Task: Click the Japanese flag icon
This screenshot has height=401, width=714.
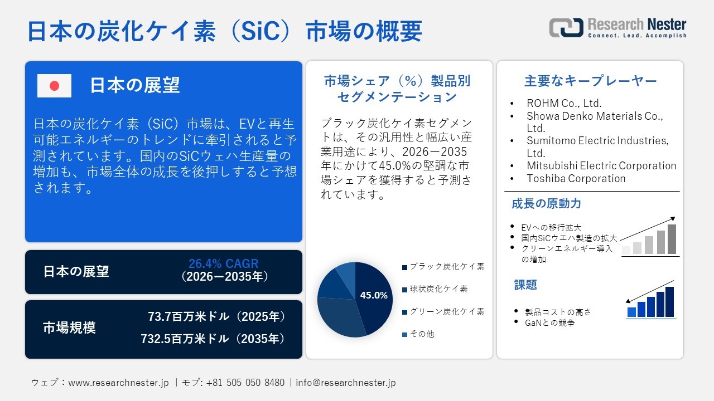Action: point(54,86)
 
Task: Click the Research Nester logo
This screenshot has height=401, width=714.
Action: point(617,28)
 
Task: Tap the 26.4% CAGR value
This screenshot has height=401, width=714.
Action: point(223,264)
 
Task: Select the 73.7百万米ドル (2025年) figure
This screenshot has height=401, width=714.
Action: point(216,317)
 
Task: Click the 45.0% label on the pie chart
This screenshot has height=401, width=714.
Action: point(373,296)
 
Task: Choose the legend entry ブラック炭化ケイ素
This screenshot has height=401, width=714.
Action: point(446,267)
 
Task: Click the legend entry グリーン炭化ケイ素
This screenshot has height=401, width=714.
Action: point(446,312)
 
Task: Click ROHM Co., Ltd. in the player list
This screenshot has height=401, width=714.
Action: point(564,103)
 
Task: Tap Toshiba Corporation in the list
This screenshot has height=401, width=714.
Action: point(576,179)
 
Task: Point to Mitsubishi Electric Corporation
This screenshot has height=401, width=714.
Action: point(601,166)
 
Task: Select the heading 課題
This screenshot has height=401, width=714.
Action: point(525,285)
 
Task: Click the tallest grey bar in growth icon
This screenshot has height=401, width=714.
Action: point(672,239)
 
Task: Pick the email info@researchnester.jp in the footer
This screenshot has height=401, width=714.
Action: point(345,383)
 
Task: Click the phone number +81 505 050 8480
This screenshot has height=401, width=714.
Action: point(245,383)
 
